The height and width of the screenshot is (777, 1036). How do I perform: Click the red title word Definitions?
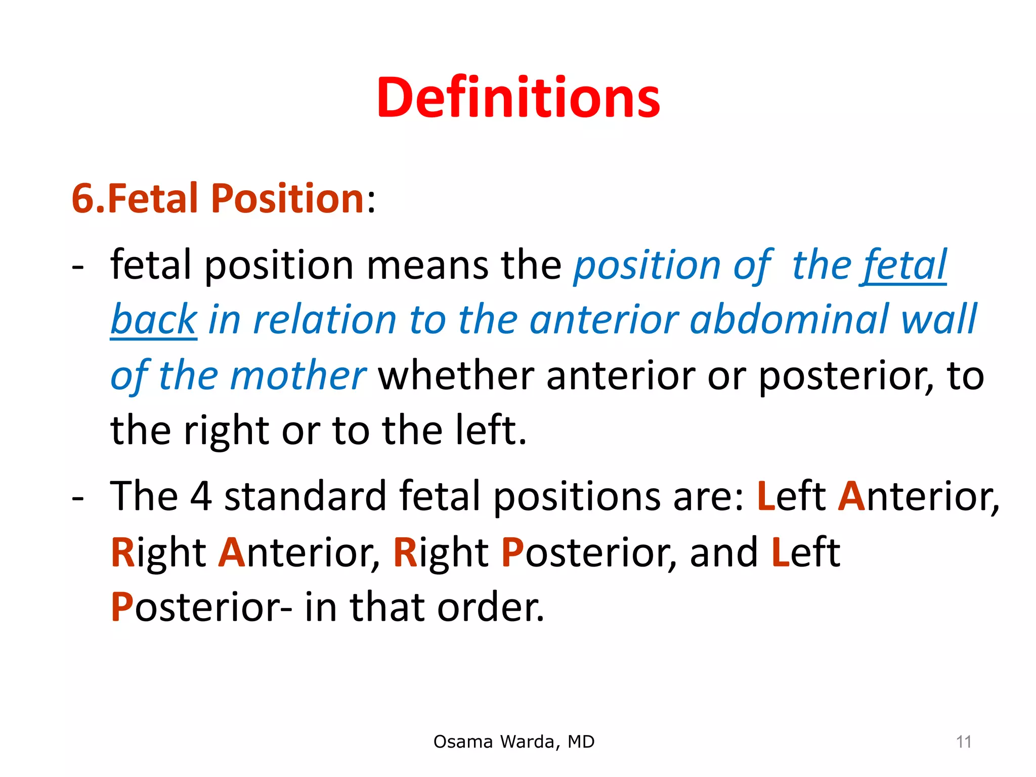click(518, 97)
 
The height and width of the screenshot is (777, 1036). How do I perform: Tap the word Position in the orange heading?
click(287, 198)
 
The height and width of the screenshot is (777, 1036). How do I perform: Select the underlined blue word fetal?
click(903, 265)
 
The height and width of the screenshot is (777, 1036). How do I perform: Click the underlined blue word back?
click(153, 320)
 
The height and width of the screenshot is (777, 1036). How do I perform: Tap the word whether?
click(455, 375)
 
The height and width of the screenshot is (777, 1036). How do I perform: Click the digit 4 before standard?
click(201, 496)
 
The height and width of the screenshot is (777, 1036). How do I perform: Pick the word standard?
click(305, 496)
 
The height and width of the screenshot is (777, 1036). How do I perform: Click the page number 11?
click(963, 742)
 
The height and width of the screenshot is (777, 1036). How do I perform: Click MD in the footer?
click(581, 742)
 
